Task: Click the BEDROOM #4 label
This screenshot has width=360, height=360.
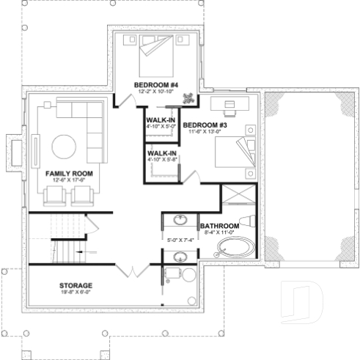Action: pos(152,85)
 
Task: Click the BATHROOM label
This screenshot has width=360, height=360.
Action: pos(219,226)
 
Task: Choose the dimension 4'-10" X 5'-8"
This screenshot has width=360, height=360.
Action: pos(162,158)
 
